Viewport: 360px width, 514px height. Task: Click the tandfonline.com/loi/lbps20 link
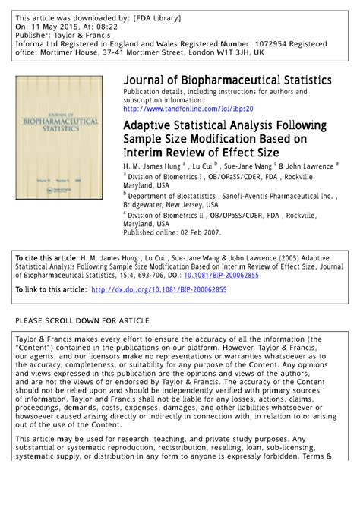point(188,109)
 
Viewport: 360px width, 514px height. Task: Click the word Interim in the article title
point(147,153)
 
